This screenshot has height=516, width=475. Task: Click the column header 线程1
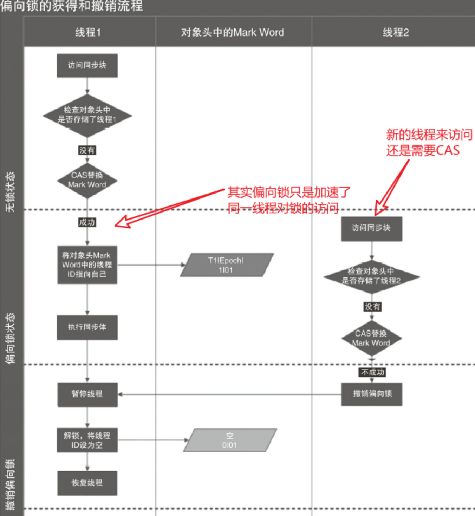(88, 33)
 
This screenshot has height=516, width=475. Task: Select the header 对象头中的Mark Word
(233, 33)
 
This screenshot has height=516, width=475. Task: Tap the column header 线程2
(396, 33)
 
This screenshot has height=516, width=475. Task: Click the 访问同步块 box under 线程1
(87, 65)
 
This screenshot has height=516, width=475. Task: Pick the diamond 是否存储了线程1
(87, 115)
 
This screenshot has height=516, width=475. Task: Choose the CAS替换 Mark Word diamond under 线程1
(87, 180)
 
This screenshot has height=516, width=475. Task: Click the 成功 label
(87, 222)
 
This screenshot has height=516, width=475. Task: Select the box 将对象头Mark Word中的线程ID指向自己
(87, 265)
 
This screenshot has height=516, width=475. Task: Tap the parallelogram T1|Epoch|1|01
(226, 265)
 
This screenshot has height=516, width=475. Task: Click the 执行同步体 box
(87, 327)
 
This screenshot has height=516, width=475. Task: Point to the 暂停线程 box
(87, 394)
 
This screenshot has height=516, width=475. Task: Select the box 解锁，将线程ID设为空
(87, 440)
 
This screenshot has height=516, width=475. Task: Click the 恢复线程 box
(87, 483)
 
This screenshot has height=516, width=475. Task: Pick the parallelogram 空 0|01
(230, 440)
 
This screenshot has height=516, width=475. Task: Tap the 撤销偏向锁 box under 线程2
(372, 394)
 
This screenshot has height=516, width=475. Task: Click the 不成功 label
(372, 372)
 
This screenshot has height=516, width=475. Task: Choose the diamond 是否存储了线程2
(371, 276)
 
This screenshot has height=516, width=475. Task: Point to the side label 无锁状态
(10, 191)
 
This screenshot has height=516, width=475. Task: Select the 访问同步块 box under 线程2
(371, 228)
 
